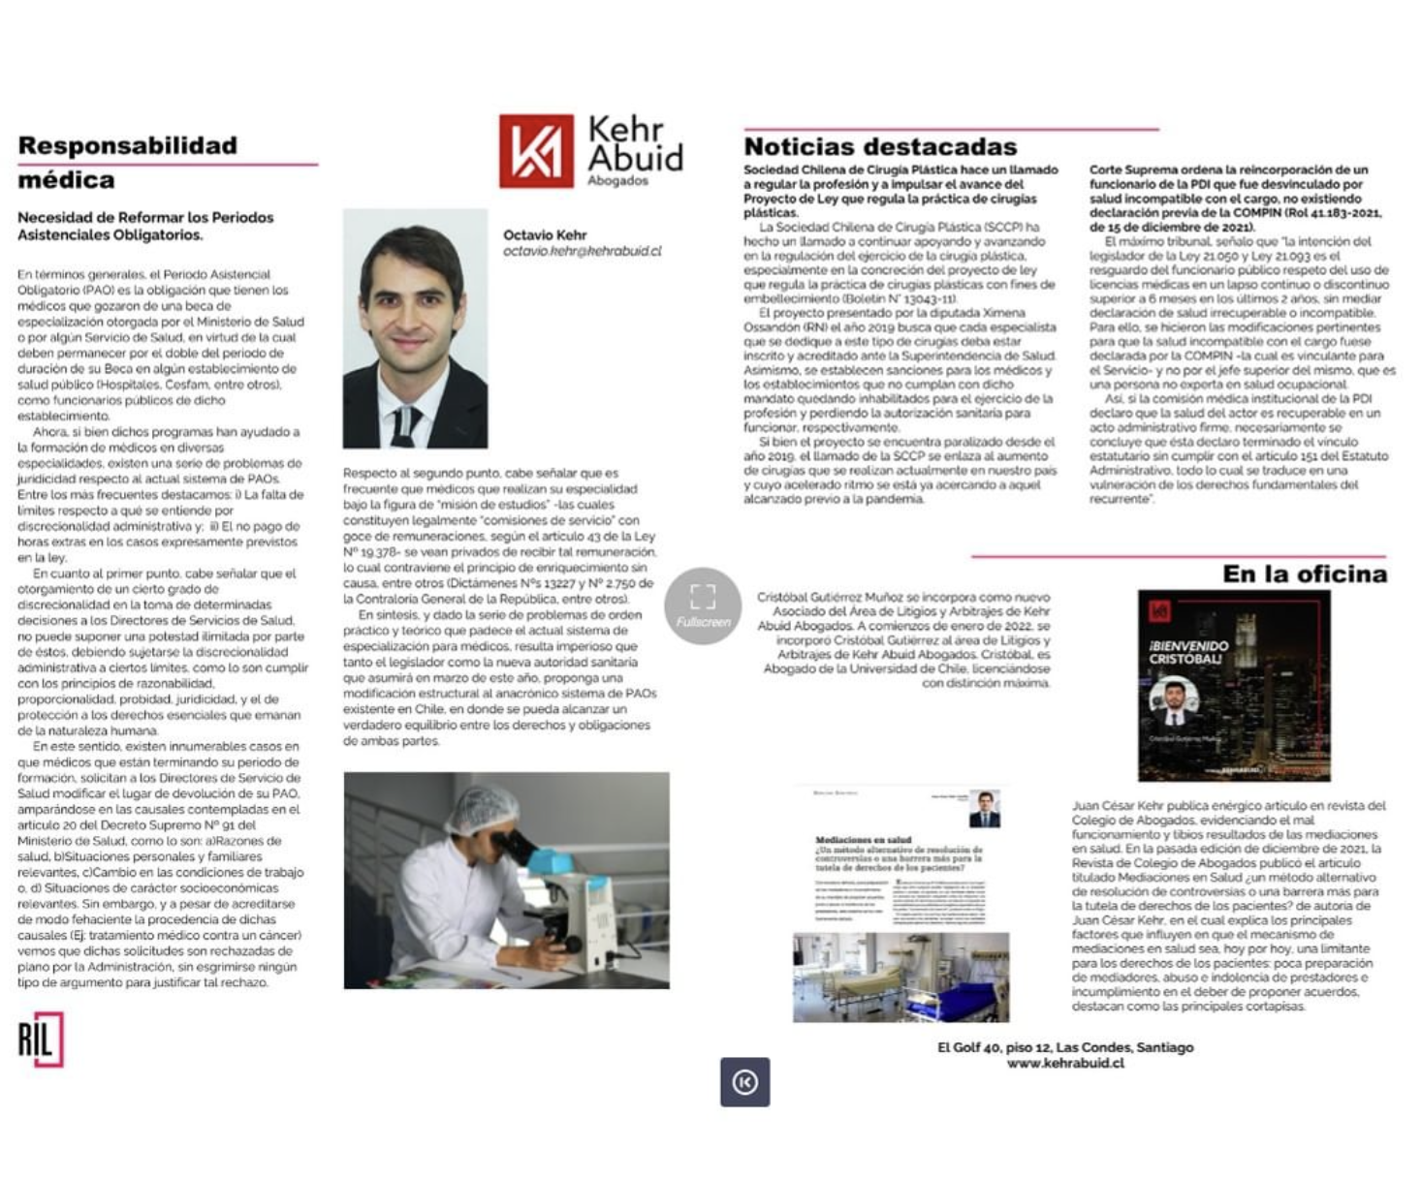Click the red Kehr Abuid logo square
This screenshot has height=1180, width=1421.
point(536,151)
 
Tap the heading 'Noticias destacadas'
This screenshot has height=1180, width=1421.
point(880,147)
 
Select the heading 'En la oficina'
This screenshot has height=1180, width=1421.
point(1304,574)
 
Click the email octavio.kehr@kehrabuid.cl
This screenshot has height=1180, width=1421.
point(582,252)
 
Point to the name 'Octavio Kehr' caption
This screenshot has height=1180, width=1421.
point(544,235)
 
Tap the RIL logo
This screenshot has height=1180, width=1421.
point(41,1040)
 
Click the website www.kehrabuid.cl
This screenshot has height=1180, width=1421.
point(1065,1063)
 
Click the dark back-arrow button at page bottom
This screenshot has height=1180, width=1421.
point(744,1082)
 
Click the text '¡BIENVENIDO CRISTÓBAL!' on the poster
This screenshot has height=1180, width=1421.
point(1188,652)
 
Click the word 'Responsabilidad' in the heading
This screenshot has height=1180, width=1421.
point(127,146)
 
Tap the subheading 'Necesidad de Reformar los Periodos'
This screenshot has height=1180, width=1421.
point(145,218)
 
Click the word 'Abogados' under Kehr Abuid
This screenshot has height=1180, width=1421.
point(617,181)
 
